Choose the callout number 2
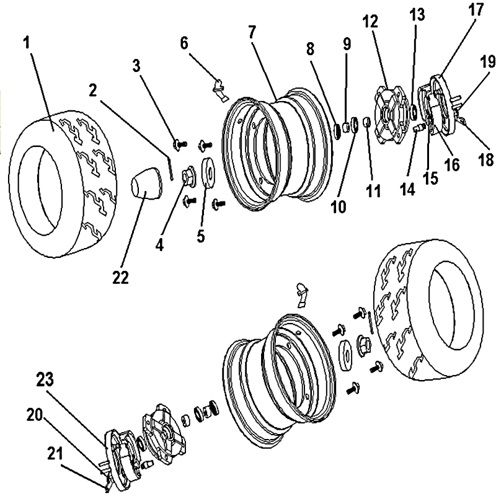click(x=92, y=91)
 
